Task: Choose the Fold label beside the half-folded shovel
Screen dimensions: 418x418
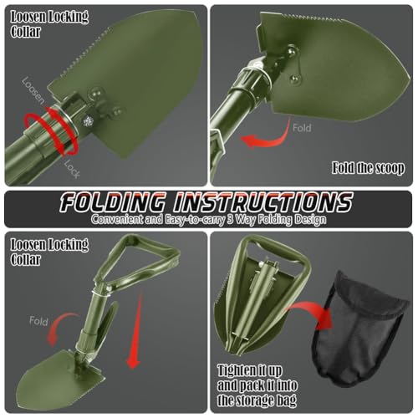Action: [x=38, y=321]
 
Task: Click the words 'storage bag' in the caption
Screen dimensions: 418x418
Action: [x=273, y=400]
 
